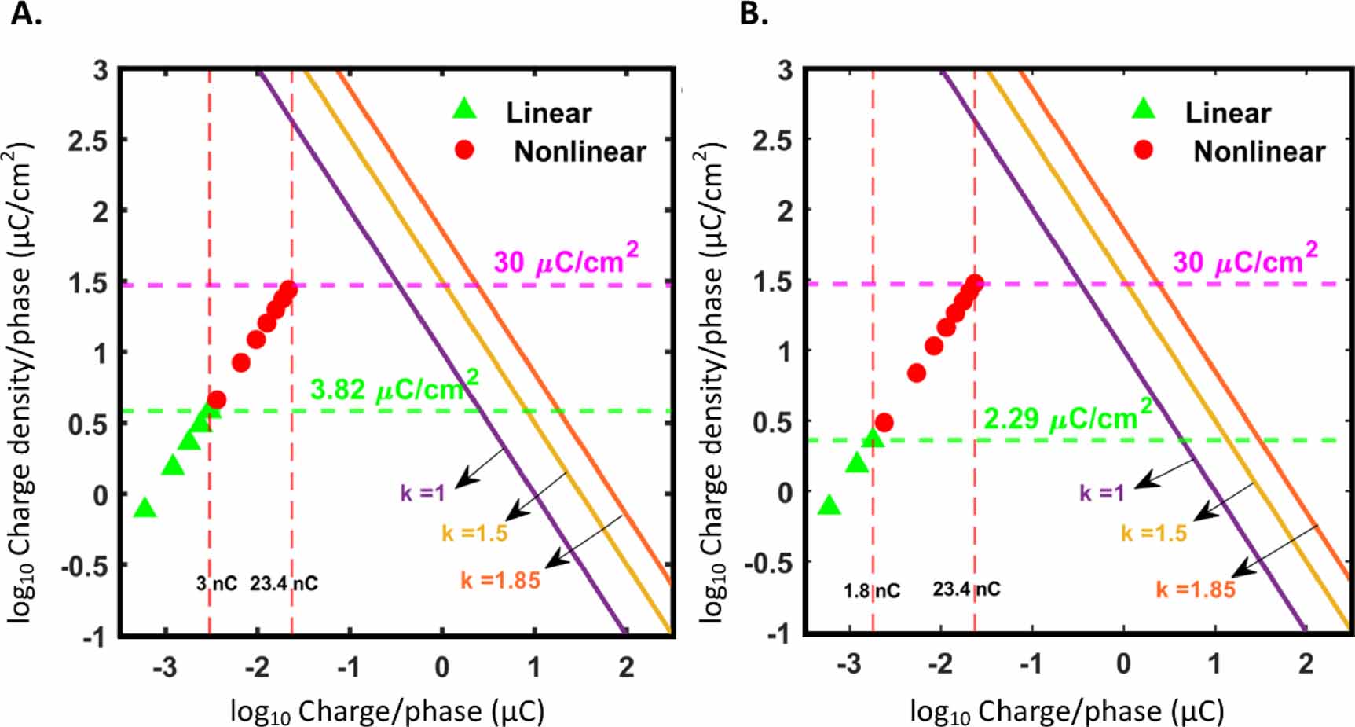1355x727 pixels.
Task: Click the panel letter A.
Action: (25, 13)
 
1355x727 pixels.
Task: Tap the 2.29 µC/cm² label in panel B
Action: (1068, 417)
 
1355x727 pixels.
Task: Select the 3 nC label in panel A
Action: (216, 584)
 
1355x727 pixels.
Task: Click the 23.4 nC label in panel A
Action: (284, 584)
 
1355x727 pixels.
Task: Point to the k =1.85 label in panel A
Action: (500, 581)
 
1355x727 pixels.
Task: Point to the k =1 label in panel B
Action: (1102, 493)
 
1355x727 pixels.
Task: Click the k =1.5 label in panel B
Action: (1154, 534)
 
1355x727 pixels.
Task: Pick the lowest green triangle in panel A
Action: (145, 509)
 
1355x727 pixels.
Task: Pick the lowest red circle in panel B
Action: (884, 422)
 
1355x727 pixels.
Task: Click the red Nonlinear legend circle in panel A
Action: (464, 149)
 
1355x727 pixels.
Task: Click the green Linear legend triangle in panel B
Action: (1144, 109)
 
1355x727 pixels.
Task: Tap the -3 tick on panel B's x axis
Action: (848, 665)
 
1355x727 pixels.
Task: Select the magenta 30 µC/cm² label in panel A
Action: (566, 260)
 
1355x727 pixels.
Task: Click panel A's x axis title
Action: (387, 711)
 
